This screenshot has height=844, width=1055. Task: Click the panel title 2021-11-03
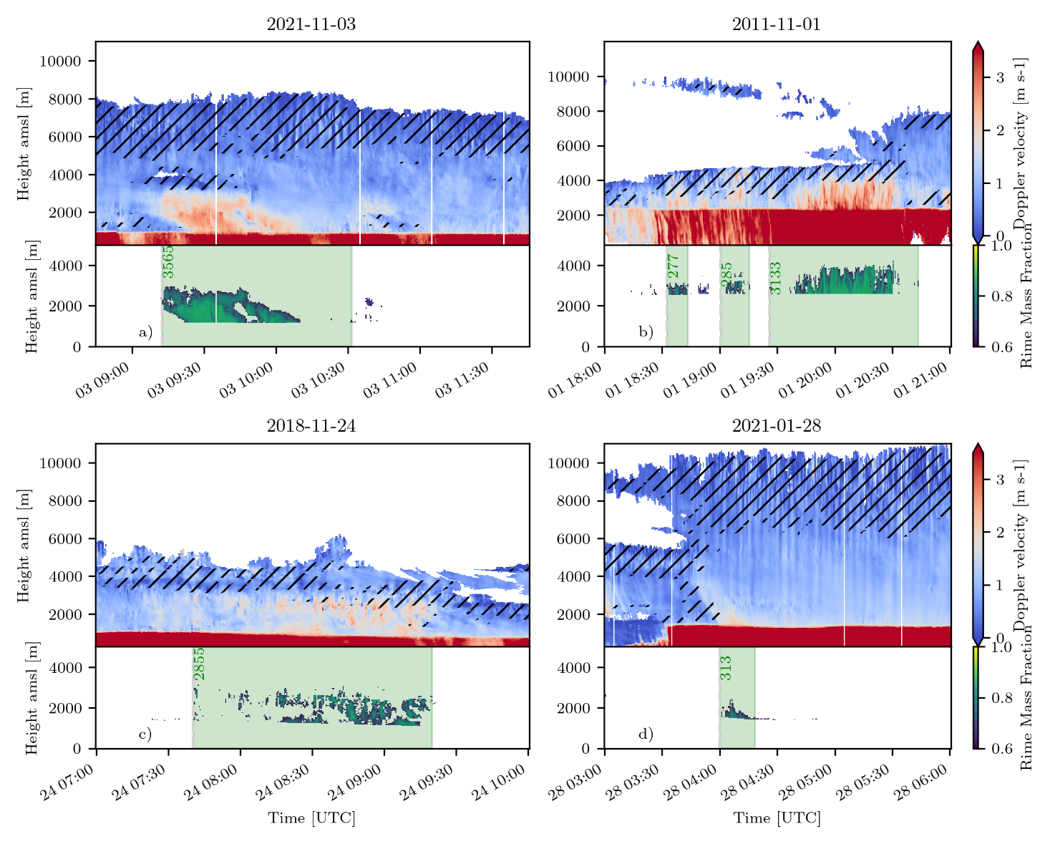coord(311,24)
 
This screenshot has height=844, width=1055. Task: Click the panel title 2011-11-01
coord(776,24)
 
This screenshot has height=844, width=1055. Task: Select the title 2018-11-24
coord(311,426)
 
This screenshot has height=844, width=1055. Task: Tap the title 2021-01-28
coord(776,426)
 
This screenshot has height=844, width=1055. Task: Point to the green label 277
coord(674,266)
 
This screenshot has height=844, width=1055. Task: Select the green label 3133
coord(776,278)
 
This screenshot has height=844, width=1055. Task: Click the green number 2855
coord(199,664)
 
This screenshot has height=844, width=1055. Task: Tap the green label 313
coord(726,668)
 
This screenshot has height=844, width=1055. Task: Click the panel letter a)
coord(145,332)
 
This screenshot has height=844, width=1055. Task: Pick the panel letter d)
coord(646,734)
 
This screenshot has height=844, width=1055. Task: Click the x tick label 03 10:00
coord(246,380)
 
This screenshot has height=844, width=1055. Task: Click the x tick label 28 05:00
coord(804,782)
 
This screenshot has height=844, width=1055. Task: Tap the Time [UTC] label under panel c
coord(311,818)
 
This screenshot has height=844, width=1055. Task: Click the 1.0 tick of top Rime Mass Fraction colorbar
coord(1001,246)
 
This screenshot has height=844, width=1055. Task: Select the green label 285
coord(726,275)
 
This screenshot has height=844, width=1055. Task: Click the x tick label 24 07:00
coord(67,782)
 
